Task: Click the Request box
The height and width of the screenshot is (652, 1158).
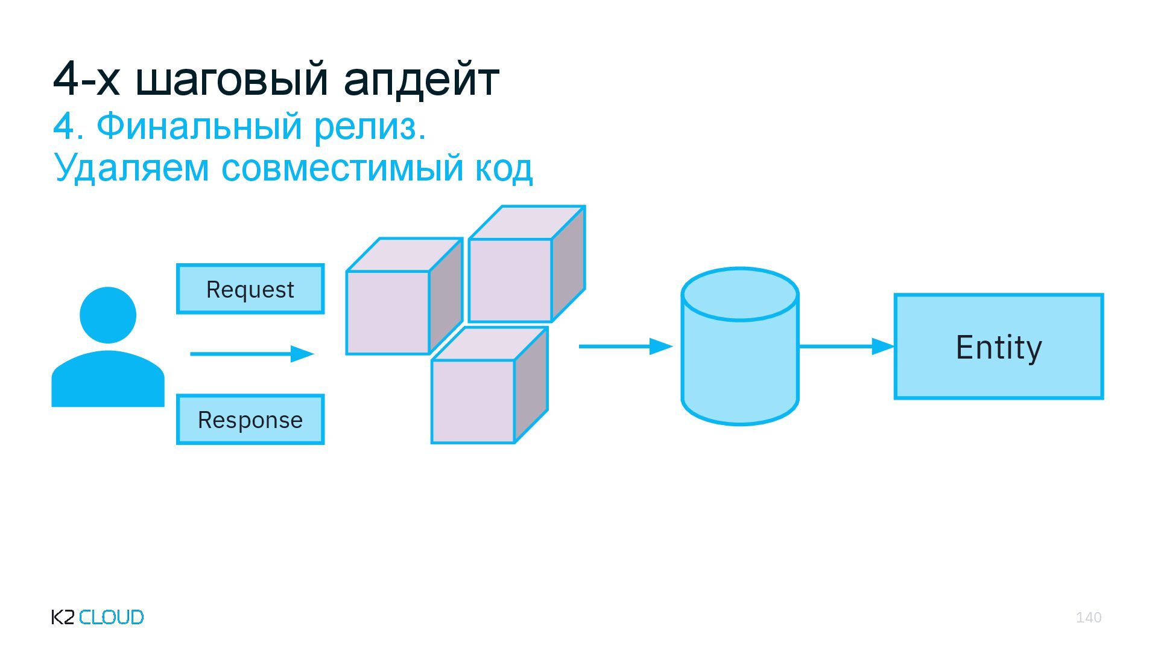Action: [250, 289]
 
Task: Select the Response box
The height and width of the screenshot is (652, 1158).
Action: [250, 420]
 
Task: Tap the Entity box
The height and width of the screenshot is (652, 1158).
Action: [999, 347]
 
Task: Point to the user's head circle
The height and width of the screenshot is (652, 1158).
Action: [108, 315]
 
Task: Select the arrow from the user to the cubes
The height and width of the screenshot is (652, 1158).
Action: [252, 354]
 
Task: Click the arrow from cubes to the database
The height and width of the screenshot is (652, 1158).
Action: [625, 347]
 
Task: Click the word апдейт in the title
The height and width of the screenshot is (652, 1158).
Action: [421, 79]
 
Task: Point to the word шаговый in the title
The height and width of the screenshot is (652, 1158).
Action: [232, 79]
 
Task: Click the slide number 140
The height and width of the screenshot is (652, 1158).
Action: [1089, 617]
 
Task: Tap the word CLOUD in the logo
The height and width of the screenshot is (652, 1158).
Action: [112, 617]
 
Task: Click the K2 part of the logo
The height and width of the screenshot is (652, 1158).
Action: [63, 617]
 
